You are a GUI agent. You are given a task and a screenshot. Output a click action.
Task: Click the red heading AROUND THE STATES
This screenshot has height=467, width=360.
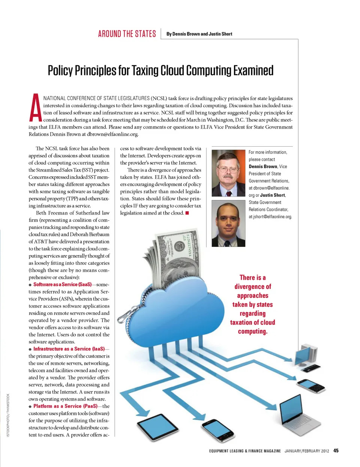pyautogui.click(x=127, y=34)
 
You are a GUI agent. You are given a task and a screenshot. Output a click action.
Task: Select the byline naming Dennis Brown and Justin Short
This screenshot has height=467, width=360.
pyautogui.click(x=199, y=34)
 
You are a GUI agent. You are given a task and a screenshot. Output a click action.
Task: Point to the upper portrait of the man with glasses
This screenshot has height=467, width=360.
pyautogui.click(x=228, y=173)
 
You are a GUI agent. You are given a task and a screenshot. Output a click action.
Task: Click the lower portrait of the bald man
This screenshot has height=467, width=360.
pyautogui.click(x=228, y=224)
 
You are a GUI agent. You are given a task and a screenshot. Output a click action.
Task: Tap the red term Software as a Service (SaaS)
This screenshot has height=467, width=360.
pyautogui.click(x=62, y=285)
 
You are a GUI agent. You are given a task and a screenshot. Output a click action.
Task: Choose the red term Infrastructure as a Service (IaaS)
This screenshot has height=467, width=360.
pyautogui.click(x=69, y=349)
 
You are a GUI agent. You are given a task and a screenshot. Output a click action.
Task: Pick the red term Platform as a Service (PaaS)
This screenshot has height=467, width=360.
pyautogui.click(x=65, y=406)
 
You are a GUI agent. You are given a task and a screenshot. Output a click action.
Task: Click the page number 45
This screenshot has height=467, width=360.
pyautogui.click(x=336, y=451)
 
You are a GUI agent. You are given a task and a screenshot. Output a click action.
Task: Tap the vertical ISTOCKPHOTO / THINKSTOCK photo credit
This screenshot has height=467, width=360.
pyautogui.click(x=8, y=415)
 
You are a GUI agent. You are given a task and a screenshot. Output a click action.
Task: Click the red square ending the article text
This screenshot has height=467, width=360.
pyautogui.click(x=187, y=213)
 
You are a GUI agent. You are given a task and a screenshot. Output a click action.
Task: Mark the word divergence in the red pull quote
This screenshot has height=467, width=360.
pyautogui.click(x=252, y=287)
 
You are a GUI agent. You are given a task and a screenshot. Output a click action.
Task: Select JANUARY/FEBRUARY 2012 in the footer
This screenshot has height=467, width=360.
pyautogui.click(x=306, y=451)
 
